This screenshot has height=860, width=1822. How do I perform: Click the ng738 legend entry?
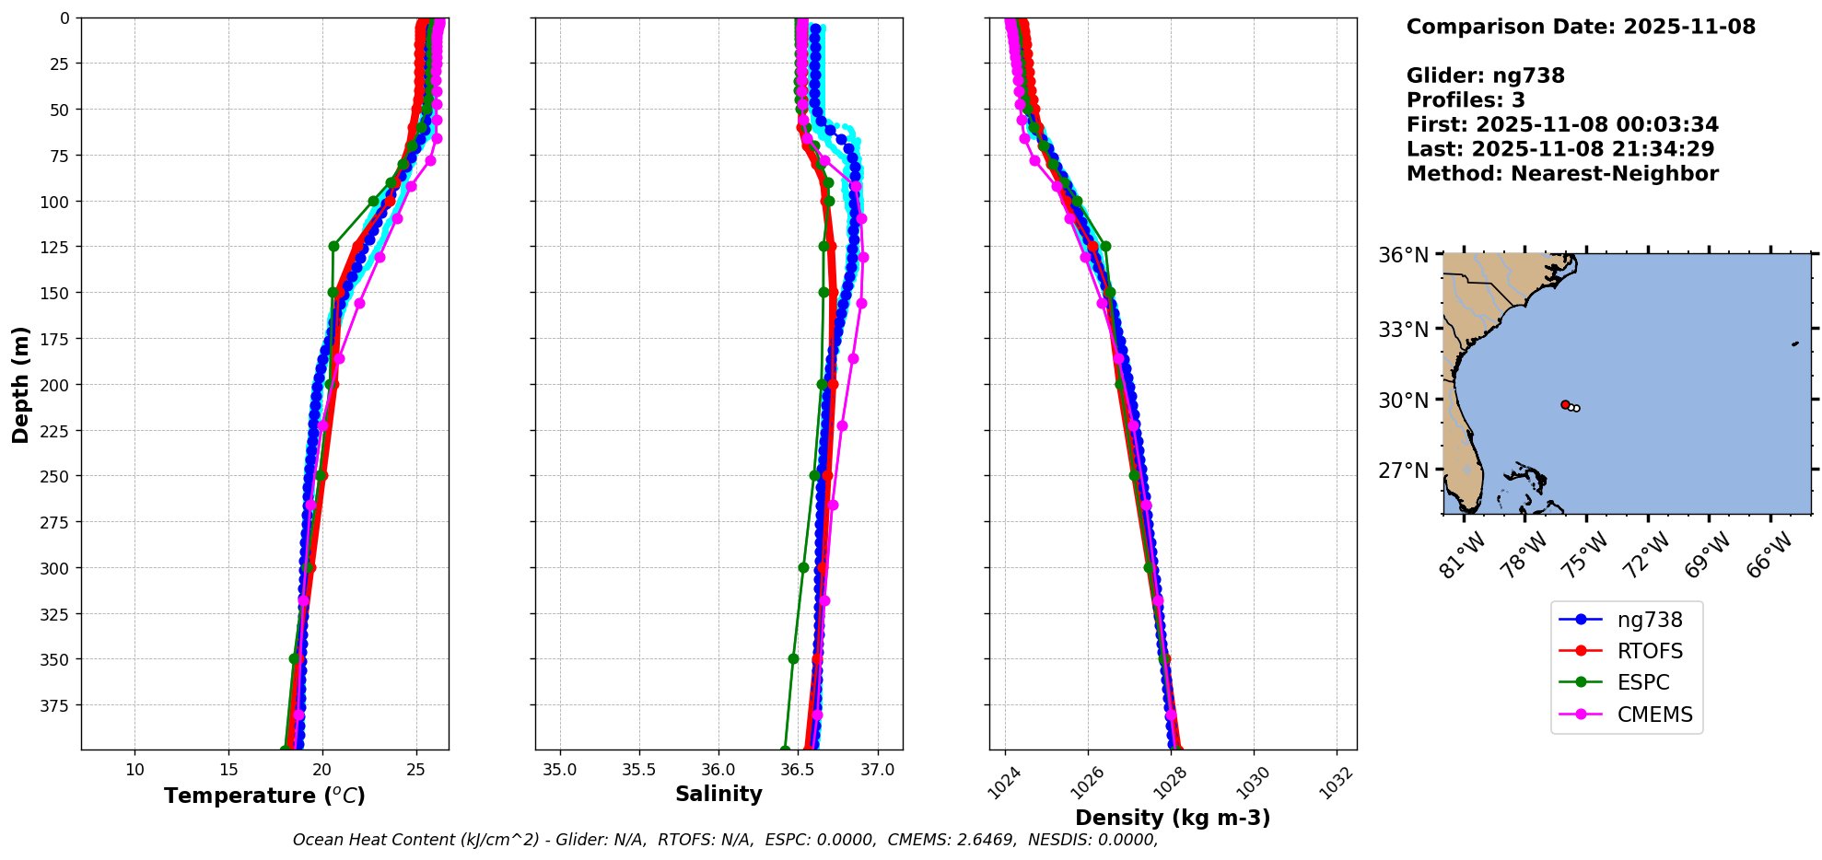coord(1649,621)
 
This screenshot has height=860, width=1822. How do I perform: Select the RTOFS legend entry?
coord(1649,652)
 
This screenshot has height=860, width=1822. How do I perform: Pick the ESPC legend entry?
coord(1642,683)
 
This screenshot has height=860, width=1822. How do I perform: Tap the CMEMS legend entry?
coord(1654,715)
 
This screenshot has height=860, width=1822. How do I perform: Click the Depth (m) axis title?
coord(20,384)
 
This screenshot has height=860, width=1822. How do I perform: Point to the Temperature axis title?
coord(264,796)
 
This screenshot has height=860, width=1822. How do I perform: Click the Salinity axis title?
coord(718,794)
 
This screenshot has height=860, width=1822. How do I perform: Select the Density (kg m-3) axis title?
coord(1173,818)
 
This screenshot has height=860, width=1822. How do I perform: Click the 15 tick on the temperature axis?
coord(228,770)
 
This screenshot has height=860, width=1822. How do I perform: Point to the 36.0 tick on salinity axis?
coord(718,770)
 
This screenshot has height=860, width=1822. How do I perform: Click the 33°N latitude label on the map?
coord(1403,330)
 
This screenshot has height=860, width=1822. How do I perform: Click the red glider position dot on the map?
coord(1565,404)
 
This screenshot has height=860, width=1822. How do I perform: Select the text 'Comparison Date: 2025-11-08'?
coord(1581,27)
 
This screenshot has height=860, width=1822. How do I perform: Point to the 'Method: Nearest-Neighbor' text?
coord(1562,174)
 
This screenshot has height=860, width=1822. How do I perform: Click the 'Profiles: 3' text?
coord(1466,100)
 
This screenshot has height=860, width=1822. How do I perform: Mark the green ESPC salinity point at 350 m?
coord(793,658)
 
